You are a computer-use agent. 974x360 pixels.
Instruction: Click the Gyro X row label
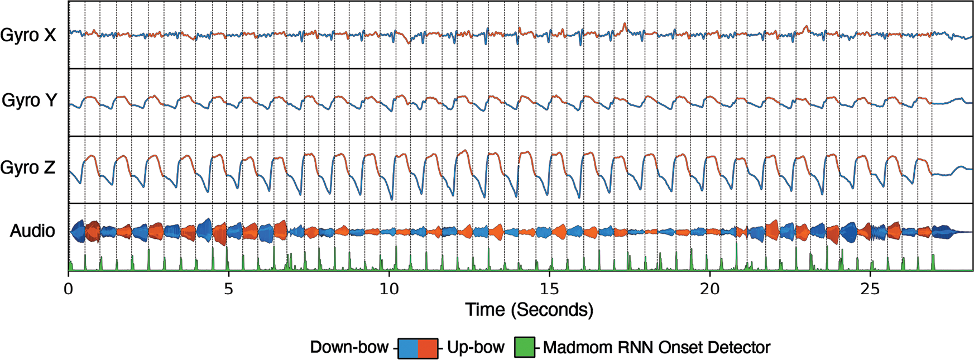click(28, 35)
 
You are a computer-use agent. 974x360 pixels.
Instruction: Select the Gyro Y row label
click(29, 101)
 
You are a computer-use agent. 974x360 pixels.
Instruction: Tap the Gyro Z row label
click(28, 167)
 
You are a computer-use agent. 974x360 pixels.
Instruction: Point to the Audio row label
click(32, 231)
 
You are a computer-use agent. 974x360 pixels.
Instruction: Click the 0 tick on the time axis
click(69, 290)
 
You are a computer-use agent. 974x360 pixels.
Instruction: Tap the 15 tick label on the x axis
click(549, 290)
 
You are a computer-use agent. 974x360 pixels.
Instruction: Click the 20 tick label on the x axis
click(709, 290)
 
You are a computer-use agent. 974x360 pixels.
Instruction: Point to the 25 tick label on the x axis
click(870, 290)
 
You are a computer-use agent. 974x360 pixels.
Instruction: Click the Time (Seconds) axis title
click(529, 310)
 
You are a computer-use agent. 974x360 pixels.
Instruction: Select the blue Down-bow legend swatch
click(408, 348)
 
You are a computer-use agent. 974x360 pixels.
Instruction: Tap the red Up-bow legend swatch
click(427, 348)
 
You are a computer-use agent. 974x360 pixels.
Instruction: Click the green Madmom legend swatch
click(524, 347)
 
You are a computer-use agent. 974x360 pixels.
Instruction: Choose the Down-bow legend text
click(349, 347)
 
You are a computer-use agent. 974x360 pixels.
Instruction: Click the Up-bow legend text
click(476, 347)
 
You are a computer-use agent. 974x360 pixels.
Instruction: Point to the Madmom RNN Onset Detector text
click(656, 347)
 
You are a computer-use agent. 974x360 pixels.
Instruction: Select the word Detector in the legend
click(738, 347)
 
